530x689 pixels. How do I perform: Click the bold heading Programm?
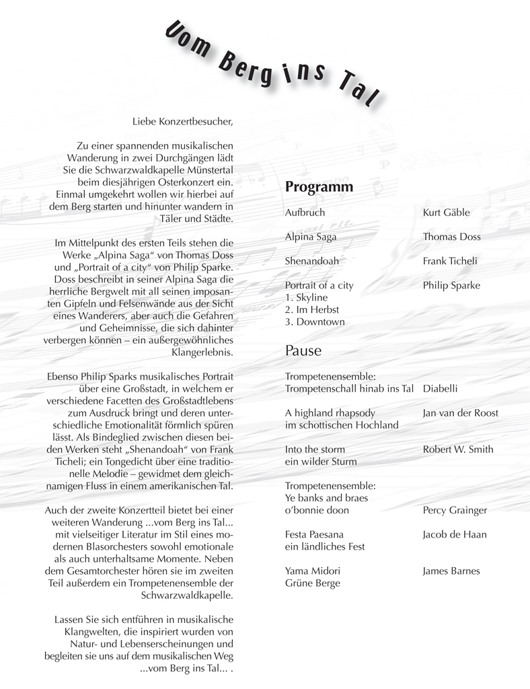point(319,186)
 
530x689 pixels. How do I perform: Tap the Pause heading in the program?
point(303,351)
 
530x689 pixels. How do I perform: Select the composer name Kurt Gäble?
point(446,213)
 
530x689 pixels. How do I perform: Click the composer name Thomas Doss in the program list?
point(451,237)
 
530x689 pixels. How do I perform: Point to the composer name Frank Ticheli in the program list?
point(449,261)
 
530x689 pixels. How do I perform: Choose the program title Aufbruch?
point(305,213)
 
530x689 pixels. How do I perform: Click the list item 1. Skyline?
point(306,297)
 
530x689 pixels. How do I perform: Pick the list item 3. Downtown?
point(315,322)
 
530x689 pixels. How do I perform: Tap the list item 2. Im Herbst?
point(312,310)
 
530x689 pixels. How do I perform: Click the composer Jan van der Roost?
point(460,413)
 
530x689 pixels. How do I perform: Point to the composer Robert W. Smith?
point(457,449)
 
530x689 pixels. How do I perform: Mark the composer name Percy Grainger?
point(455,510)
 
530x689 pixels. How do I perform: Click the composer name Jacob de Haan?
point(454,534)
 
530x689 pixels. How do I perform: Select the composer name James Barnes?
point(451,571)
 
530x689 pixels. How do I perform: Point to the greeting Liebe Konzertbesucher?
point(182,121)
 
